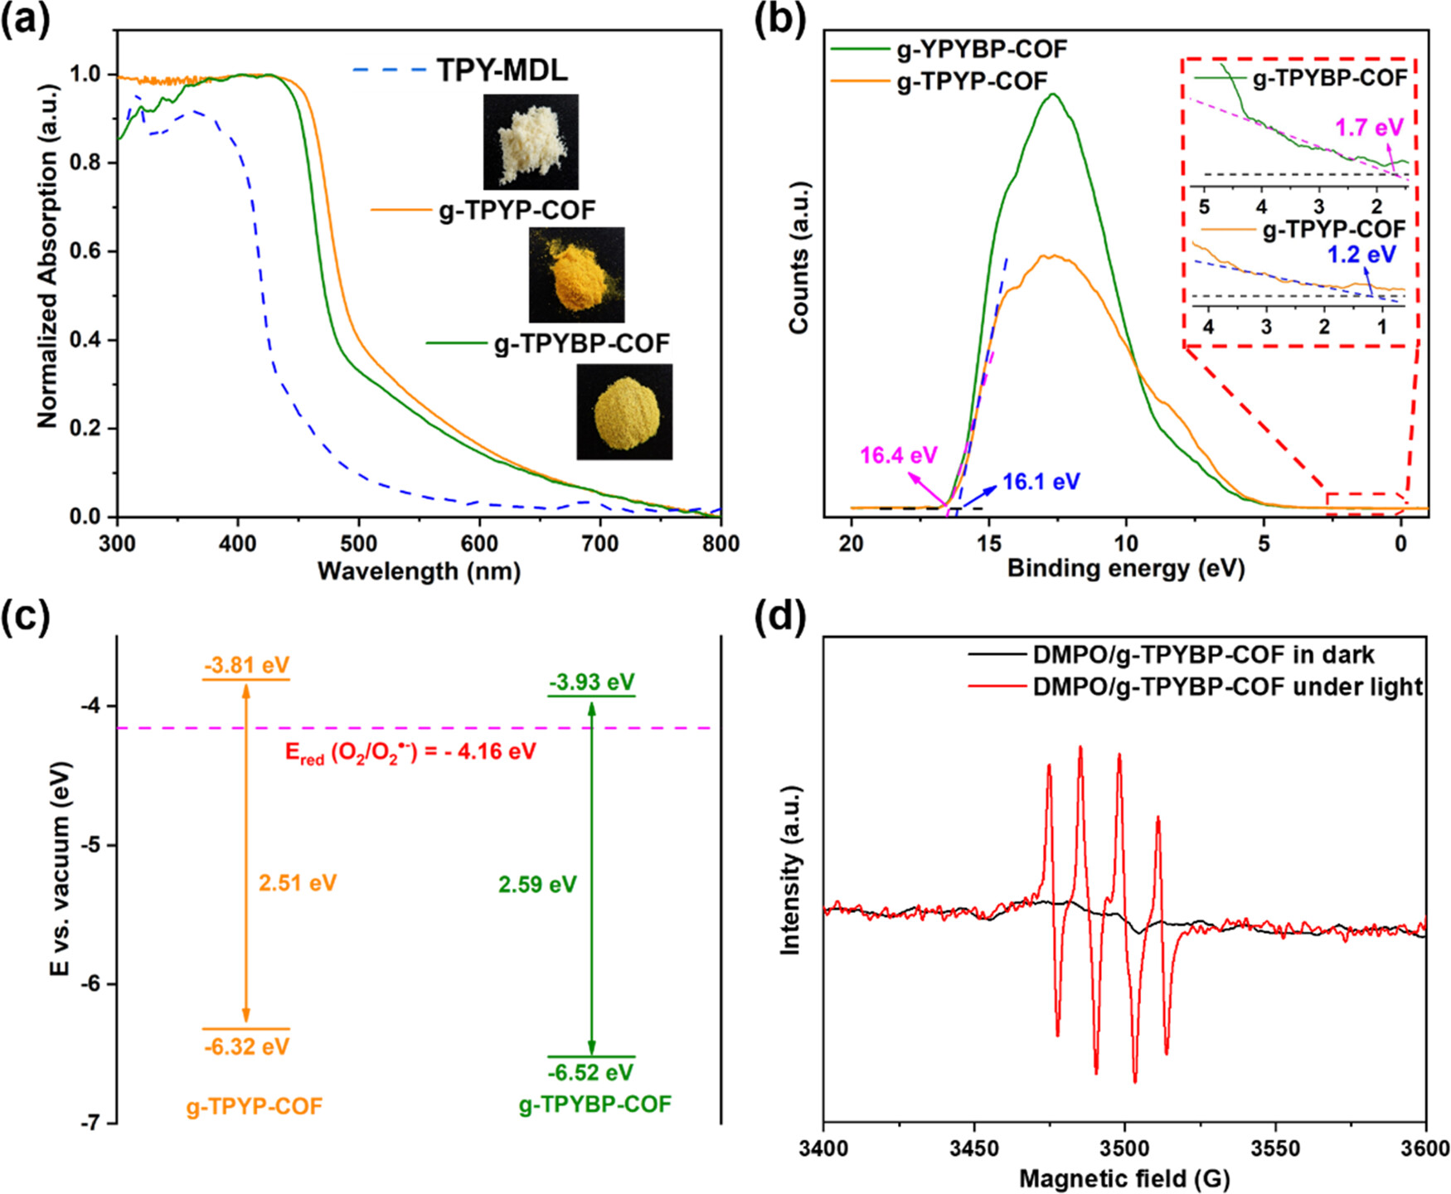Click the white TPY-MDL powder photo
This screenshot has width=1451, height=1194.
[531, 142]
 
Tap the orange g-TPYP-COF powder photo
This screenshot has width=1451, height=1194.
[576, 274]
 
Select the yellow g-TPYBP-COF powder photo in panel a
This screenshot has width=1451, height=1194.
[624, 411]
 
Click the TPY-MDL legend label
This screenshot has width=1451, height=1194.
[502, 70]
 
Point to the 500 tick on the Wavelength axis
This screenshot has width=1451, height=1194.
[358, 543]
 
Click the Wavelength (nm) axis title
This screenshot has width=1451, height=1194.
[419, 571]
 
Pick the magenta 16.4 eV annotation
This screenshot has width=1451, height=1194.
[898, 455]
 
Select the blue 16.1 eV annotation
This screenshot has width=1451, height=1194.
[1041, 482]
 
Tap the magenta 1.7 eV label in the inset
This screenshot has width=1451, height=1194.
[1369, 128]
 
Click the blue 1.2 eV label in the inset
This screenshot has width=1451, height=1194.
[1361, 255]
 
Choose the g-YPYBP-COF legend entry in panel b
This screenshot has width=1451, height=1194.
[982, 50]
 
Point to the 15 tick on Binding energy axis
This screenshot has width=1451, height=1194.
[988, 543]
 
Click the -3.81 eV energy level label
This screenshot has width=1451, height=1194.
[246, 666]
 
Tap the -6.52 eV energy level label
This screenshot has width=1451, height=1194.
[590, 1072]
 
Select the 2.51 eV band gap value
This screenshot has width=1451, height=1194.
[298, 883]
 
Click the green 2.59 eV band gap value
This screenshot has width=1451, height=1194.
[537, 885]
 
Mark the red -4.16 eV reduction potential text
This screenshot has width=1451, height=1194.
[410, 753]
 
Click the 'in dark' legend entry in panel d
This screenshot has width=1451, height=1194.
[1203, 655]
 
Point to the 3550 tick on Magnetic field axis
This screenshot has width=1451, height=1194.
[1275, 1148]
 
